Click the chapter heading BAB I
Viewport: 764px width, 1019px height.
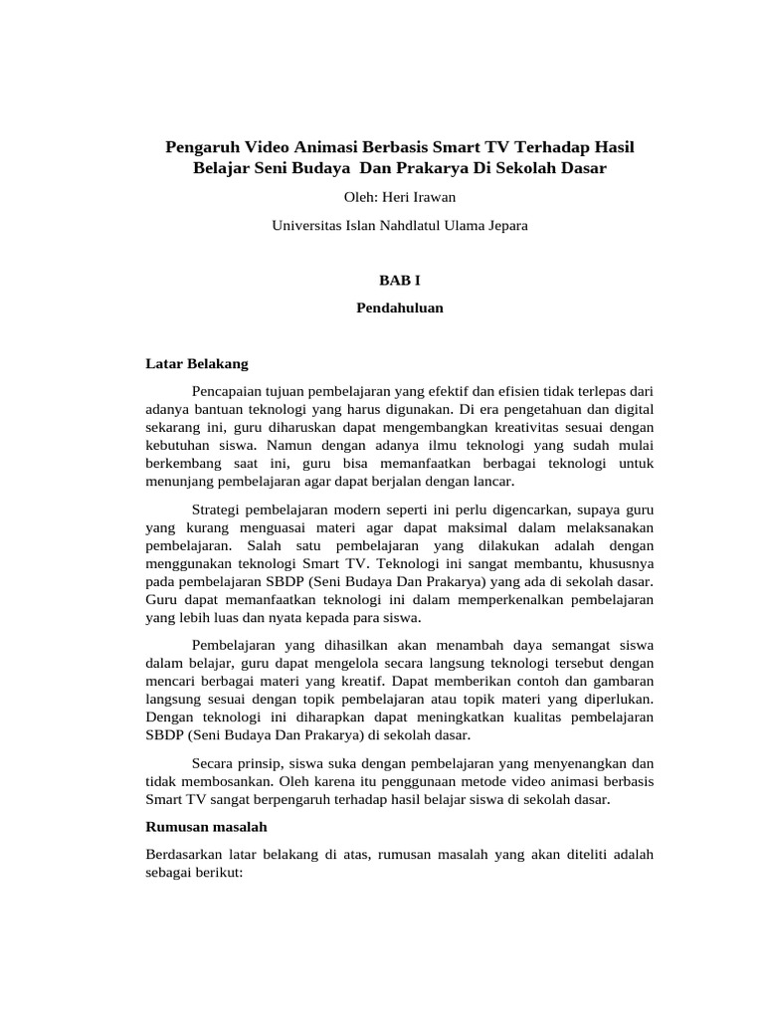click(399, 282)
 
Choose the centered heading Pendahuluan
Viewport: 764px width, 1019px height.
click(399, 308)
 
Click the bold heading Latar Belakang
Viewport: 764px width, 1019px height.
click(197, 364)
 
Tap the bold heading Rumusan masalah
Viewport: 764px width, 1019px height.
click(207, 827)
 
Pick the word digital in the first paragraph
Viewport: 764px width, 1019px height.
click(632, 409)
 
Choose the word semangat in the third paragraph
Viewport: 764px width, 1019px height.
click(564, 646)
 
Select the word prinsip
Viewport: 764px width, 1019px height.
click(262, 762)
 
